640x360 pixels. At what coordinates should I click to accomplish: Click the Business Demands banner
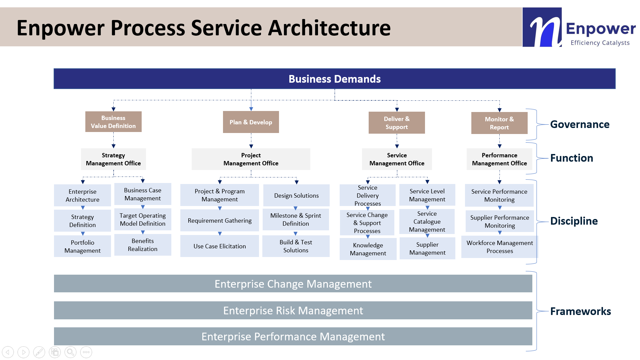click(334, 79)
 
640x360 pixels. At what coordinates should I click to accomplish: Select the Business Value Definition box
click(113, 122)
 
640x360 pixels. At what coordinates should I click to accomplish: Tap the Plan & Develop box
click(251, 122)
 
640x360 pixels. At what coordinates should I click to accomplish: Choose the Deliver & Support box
click(397, 123)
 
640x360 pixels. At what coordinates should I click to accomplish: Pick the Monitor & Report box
click(499, 123)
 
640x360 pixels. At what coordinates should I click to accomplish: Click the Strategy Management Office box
click(113, 159)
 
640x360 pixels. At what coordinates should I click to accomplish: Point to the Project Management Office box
click(251, 159)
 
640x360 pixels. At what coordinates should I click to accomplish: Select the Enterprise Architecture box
click(82, 195)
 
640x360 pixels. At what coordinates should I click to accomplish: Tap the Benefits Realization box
click(143, 245)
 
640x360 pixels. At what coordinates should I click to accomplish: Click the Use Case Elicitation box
click(220, 246)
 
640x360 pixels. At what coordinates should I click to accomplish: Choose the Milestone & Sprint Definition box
click(296, 219)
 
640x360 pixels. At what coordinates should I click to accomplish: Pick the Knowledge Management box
click(368, 249)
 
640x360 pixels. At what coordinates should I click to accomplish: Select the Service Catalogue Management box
click(427, 221)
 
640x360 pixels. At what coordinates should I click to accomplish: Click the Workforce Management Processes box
click(500, 247)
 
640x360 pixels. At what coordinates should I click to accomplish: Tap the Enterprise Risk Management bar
click(293, 310)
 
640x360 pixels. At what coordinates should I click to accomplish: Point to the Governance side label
click(580, 124)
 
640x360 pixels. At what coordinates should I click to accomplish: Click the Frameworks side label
click(580, 311)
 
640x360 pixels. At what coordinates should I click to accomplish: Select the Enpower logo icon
click(542, 27)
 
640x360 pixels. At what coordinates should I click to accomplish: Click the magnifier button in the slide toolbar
click(71, 352)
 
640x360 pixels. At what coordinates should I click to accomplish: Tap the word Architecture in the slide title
click(329, 28)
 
